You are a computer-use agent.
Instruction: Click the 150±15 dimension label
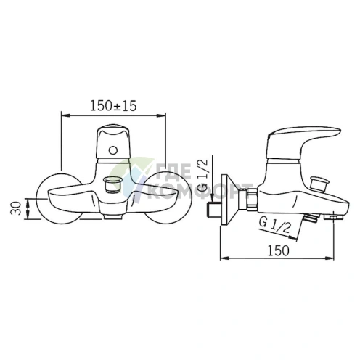(113, 106)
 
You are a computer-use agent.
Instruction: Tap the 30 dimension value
(16, 208)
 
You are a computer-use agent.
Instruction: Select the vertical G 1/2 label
(204, 175)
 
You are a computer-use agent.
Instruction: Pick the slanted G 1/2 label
(274, 225)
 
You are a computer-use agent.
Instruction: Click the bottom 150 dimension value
(278, 250)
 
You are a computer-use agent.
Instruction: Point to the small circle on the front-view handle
(113, 150)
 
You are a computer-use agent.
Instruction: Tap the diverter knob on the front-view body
(112, 185)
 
